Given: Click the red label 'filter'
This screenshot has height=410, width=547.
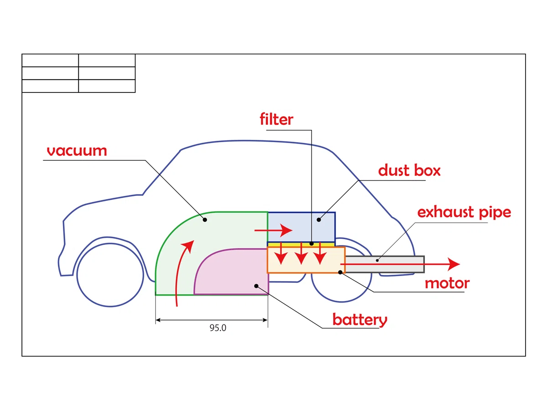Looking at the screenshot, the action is [x=276, y=119].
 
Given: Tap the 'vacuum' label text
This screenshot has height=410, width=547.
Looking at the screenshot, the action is [x=77, y=151].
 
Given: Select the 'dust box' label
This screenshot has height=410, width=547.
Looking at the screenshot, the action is [x=409, y=170].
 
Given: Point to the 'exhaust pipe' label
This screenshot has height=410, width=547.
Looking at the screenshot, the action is [x=464, y=213].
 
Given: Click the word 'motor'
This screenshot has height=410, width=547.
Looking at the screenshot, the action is [x=447, y=283].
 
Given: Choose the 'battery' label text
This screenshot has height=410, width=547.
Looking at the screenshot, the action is [x=360, y=320].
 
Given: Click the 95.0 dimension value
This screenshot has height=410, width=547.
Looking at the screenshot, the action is [x=218, y=328].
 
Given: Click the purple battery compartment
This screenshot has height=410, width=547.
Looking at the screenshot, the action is [x=231, y=272].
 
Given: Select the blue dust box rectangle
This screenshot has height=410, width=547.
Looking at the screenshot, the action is [x=301, y=227].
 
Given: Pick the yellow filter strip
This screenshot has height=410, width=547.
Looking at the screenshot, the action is [x=301, y=245].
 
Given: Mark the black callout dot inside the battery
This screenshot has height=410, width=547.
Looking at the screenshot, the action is [x=256, y=286].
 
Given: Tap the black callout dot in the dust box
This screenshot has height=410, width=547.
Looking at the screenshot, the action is [x=319, y=220].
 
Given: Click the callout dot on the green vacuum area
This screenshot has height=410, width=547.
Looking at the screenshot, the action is [x=205, y=220].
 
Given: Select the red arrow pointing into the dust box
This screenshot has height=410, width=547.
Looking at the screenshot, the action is [x=273, y=230].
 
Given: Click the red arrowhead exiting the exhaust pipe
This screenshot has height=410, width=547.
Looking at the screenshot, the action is [x=454, y=264].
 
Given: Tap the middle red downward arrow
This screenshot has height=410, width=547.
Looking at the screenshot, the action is [x=301, y=253].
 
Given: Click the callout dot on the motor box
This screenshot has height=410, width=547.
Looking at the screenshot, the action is [x=340, y=272].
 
